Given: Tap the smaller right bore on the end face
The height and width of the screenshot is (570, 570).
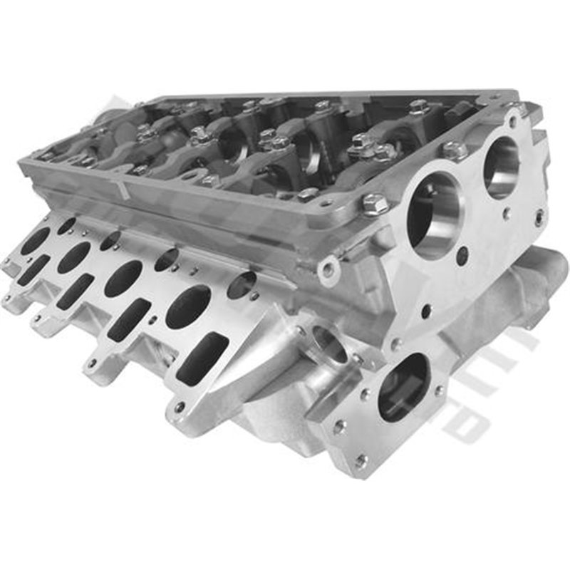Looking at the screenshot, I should click(x=502, y=167).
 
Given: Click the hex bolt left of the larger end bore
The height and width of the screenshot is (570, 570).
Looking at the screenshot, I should click(x=375, y=204).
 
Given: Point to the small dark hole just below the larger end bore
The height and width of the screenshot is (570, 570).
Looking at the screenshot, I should click(x=462, y=256).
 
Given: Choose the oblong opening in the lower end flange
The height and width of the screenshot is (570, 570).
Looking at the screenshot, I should click(x=403, y=386).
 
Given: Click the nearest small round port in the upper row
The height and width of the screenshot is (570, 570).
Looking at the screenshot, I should click(x=242, y=284).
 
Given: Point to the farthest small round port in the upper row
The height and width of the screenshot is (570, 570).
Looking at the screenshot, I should click(x=67, y=226).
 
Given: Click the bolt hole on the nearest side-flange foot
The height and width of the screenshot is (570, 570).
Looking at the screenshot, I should click(x=179, y=408).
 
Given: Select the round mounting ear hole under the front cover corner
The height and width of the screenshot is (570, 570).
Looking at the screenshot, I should click(x=328, y=270).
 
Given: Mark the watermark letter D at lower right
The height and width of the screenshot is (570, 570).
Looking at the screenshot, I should click(x=467, y=425).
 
